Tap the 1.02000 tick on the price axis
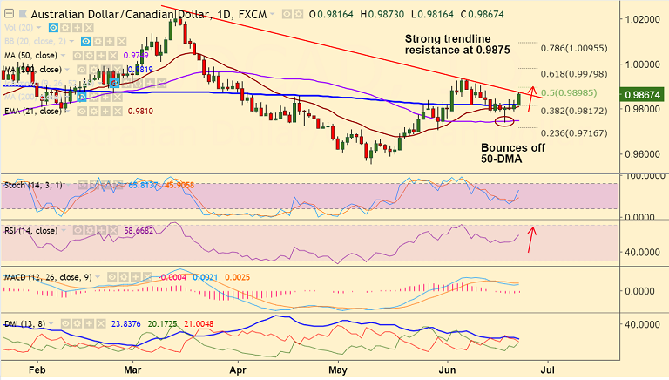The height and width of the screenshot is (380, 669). click(641, 18)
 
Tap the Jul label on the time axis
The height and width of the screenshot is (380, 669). click(547, 370)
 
